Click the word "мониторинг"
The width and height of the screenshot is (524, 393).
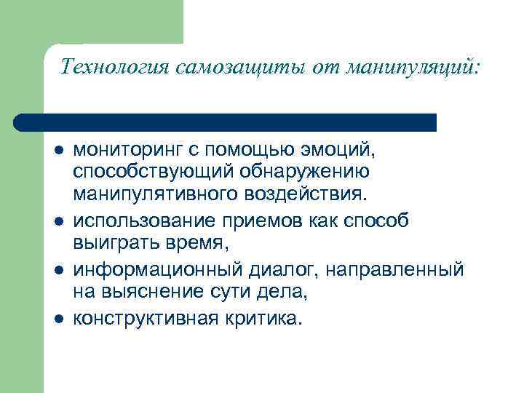pos(130,151)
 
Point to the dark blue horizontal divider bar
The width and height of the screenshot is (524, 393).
pos(226,122)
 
